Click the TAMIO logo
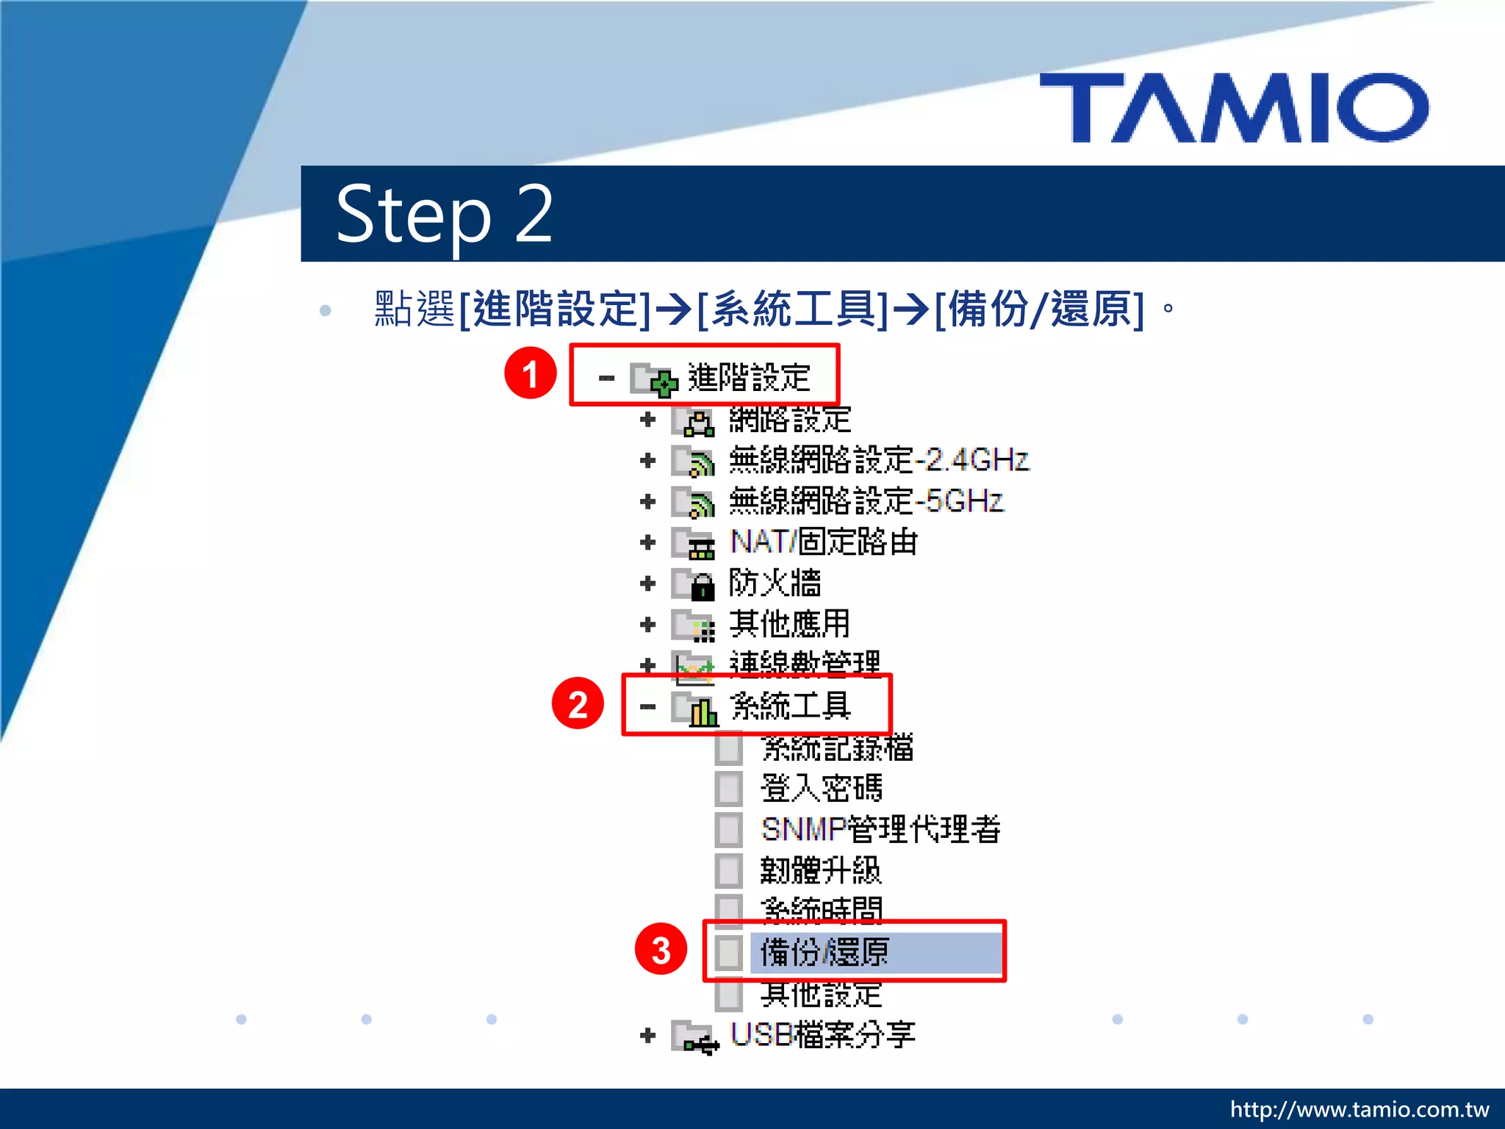1234,107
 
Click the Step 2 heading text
444,214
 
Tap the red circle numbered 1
530,373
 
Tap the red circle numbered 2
578,703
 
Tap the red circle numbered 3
661,949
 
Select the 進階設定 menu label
748,378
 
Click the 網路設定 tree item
789,420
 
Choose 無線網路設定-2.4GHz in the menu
878,461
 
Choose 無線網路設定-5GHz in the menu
865,501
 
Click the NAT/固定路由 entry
823,542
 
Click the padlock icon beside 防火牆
703,587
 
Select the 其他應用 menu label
789,625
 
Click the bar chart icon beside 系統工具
703,710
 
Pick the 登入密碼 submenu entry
821,789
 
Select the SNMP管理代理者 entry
880,830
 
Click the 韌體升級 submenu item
820,871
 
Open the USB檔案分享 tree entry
822,1035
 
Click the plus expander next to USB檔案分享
647,1036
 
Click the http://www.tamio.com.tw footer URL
1359,1109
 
